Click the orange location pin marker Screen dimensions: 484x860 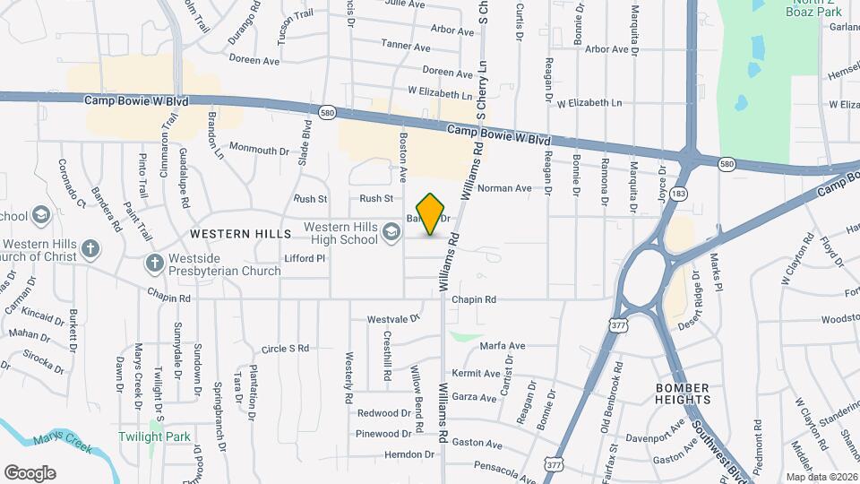point(431,214)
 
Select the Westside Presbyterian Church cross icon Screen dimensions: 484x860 point(153,264)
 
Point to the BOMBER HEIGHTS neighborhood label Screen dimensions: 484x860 point(683,393)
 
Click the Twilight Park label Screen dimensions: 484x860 point(155,436)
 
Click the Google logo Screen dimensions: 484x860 point(30,472)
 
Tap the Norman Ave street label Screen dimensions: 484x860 point(504,188)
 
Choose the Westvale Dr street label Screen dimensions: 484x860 point(393,319)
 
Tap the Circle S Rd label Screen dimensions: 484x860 point(285,348)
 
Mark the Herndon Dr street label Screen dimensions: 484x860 point(383,454)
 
